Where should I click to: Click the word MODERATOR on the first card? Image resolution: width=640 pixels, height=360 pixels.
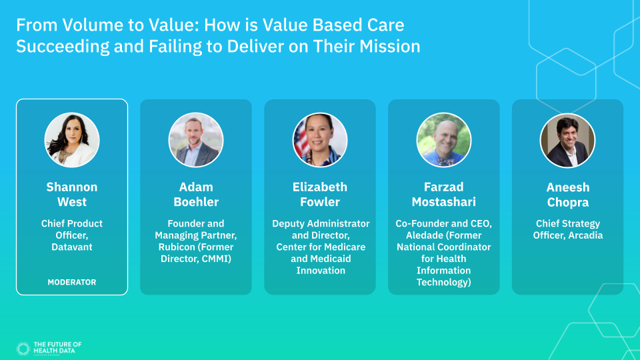coord(72,282)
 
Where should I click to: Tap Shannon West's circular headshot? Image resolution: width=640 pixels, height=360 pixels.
coord(72,140)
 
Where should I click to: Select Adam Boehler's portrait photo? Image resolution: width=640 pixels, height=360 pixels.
coord(196,140)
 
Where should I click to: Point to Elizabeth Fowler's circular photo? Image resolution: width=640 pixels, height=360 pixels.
coord(320,140)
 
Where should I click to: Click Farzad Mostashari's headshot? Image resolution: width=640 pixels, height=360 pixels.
coord(444,140)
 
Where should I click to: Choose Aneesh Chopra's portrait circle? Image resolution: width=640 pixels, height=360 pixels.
coord(568,141)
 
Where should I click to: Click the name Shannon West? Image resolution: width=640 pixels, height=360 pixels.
coord(72,194)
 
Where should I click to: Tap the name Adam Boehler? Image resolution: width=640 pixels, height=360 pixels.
coord(196,194)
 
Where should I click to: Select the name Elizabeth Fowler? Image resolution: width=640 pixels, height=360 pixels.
coord(320,194)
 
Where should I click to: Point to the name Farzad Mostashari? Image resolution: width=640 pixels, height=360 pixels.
coord(444,194)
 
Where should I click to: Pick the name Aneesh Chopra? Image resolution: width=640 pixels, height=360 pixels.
coord(568,195)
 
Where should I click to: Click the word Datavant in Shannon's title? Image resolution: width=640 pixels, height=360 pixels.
coord(72,247)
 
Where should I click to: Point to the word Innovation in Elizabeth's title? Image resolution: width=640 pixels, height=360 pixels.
coord(321,270)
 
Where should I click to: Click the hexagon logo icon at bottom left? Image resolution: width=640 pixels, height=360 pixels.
coord(23,349)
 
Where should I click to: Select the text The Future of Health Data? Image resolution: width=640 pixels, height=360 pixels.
coord(57,347)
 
